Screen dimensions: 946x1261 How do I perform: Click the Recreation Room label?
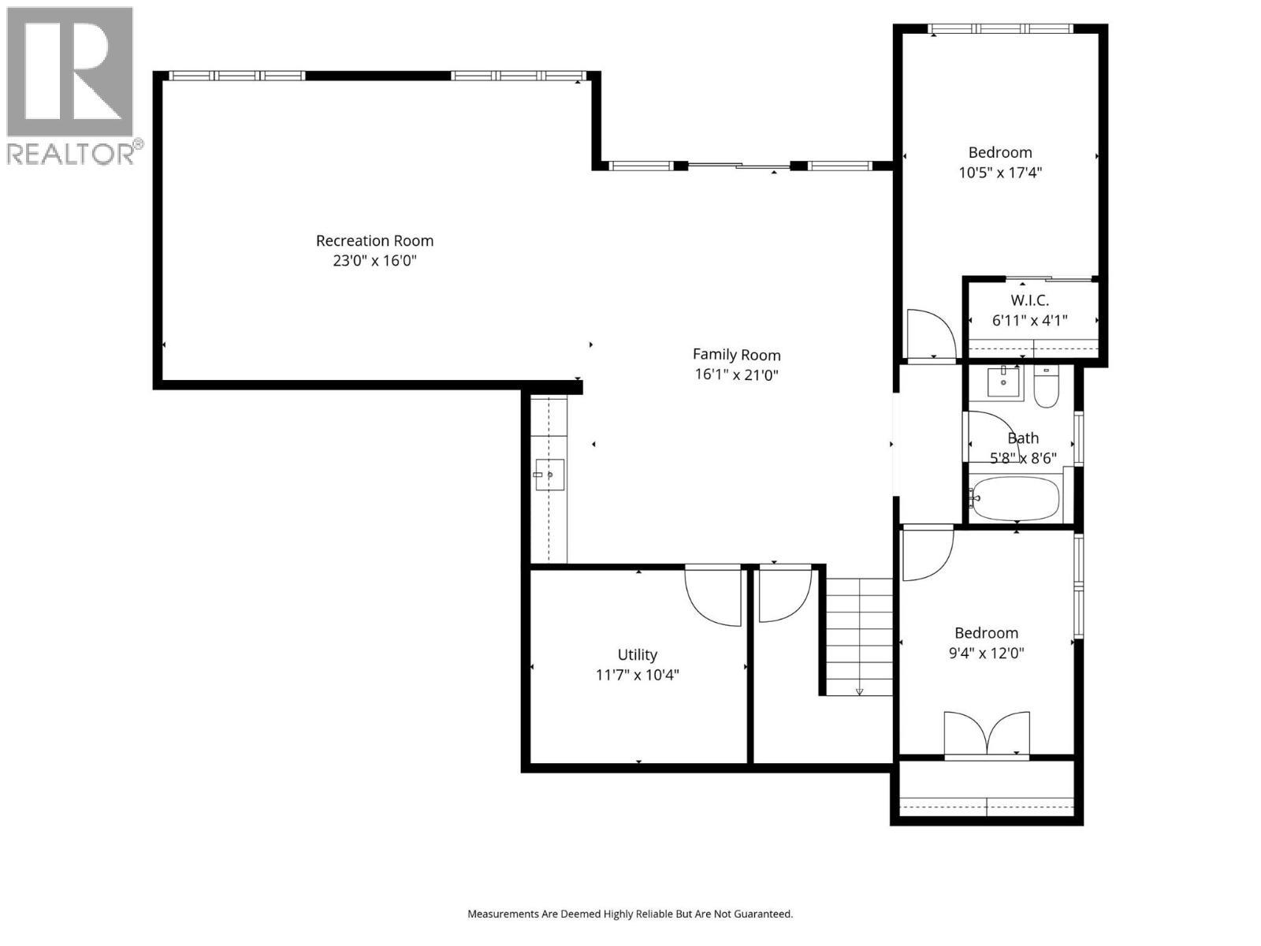[374, 240]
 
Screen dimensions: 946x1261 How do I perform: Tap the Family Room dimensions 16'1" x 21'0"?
[736, 375]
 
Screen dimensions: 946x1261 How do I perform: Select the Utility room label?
[637, 654]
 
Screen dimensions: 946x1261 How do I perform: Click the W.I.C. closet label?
[1029, 300]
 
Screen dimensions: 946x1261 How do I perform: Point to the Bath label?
[1023, 438]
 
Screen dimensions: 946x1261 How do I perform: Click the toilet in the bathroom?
[1046, 388]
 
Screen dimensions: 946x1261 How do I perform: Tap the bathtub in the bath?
[1017, 498]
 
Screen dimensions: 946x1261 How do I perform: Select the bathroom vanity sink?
[1003, 382]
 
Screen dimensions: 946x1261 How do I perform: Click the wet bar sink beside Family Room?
[549, 475]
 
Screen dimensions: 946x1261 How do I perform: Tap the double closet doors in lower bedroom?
[987, 735]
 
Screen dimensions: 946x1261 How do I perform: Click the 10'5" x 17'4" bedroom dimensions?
[1000, 173]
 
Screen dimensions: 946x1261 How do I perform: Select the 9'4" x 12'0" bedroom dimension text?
[986, 653]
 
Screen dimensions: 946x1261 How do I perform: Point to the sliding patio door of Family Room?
[738, 166]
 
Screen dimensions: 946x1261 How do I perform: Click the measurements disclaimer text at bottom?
[630, 914]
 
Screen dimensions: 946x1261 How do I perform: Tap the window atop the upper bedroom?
[1000, 28]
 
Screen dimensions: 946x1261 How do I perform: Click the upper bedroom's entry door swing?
[930, 334]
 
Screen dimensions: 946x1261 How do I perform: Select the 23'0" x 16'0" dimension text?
[374, 261]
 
